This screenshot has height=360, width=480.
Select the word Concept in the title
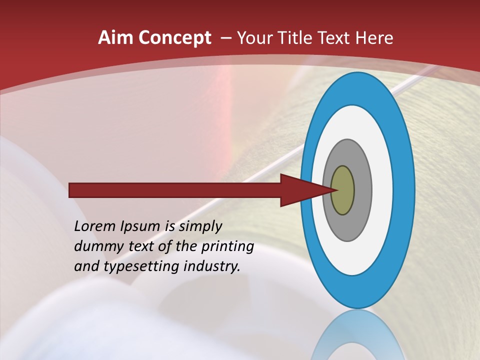(x=174, y=38)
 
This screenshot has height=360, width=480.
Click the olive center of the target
(x=342, y=190)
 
